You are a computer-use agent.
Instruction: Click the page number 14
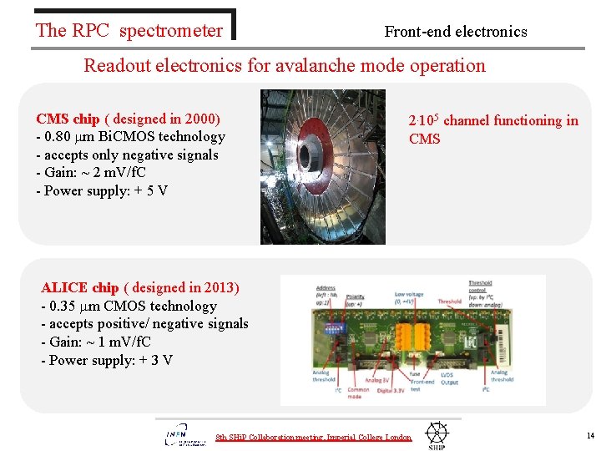point(590,436)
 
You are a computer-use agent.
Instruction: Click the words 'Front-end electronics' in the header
point(456,32)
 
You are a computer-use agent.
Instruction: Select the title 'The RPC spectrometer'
point(129,31)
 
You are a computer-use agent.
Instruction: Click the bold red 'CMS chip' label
point(68,119)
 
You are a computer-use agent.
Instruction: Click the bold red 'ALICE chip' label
point(80,288)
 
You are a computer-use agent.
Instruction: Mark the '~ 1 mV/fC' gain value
point(116,342)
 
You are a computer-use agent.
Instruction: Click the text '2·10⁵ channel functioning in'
point(493,120)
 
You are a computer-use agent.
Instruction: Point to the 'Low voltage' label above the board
point(410,294)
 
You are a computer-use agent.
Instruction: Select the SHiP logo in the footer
point(437,435)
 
